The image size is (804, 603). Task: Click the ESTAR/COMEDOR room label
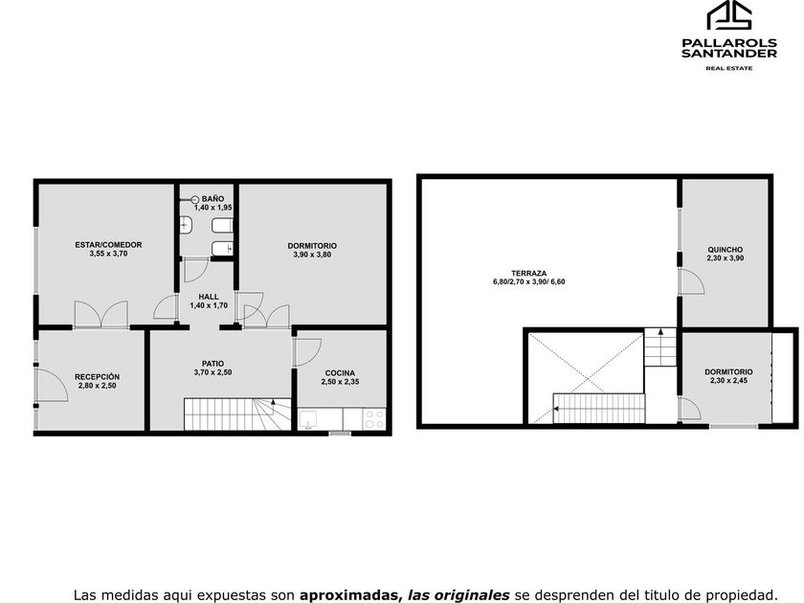108,245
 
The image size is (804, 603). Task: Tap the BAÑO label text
212,198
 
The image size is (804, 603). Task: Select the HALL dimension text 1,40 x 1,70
209,305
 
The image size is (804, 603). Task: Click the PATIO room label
212,364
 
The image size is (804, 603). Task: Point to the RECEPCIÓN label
97,376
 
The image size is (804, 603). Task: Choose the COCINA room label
340,372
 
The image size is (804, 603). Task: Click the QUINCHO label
726,249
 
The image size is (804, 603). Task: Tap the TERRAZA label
528,274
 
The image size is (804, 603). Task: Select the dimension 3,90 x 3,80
312,255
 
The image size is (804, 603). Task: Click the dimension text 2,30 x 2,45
728,381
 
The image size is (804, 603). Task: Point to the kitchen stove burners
374,419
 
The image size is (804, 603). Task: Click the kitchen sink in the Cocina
309,419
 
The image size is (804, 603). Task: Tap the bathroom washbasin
186,224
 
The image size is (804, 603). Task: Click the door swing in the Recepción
52,385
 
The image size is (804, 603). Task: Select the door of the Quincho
692,281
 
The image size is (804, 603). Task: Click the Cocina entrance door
306,352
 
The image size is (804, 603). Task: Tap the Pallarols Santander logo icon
729,15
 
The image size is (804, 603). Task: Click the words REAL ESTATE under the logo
729,68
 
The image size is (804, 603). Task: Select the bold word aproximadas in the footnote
349,594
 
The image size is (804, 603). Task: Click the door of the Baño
196,270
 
